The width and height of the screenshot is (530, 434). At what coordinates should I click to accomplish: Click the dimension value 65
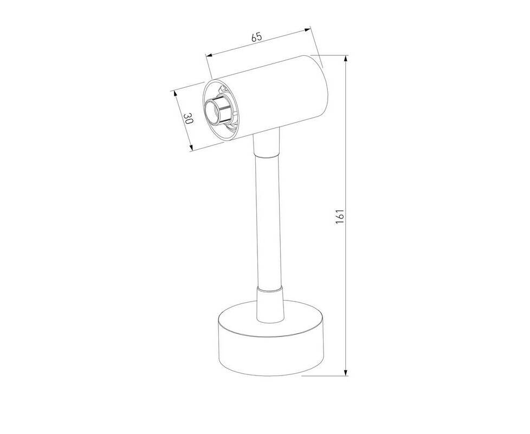[256, 37]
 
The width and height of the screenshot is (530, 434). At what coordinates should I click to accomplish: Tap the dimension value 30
[188, 118]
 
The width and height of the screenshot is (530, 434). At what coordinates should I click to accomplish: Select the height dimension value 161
[340, 216]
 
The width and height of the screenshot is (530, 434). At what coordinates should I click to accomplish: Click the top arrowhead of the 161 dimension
[345, 59]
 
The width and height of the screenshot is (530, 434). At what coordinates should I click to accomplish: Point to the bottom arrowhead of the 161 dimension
[345, 372]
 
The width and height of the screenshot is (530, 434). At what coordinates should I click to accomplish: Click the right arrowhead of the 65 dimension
[307, 30]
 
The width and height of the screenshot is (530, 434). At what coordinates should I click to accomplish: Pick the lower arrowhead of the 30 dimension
[191, 147]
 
